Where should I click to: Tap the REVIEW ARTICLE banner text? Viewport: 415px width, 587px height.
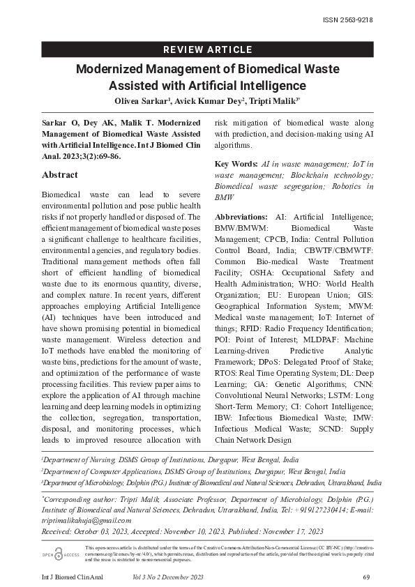(207, 49)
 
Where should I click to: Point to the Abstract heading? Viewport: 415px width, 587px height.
(60, 175)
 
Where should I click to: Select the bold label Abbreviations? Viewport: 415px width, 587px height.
(241, 218)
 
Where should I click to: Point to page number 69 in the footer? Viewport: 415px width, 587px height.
(366, 577)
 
